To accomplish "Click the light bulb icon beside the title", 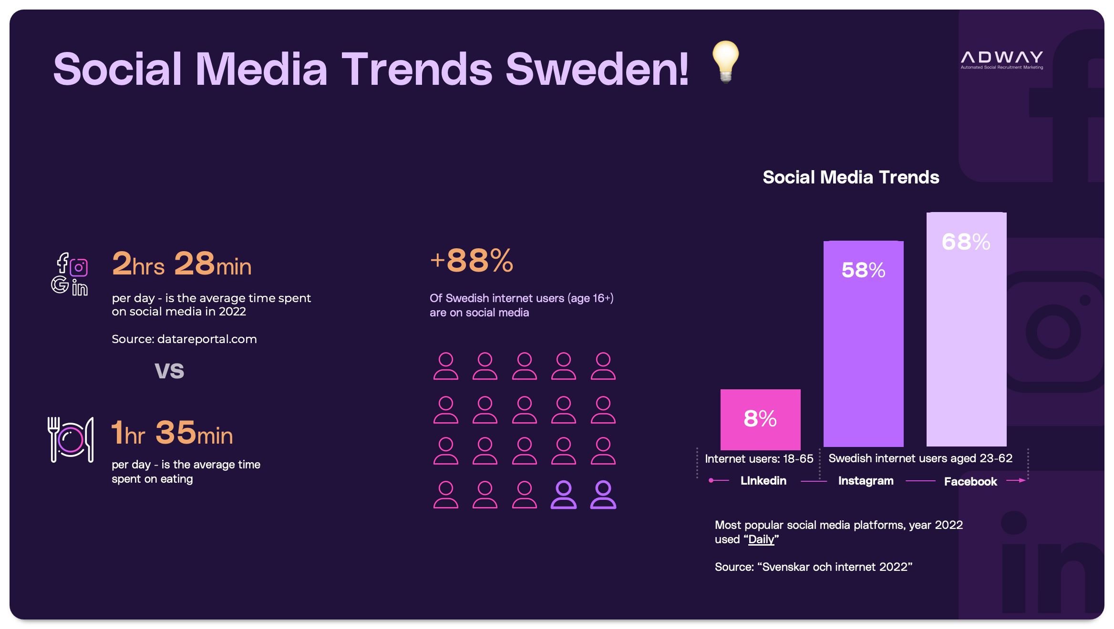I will (x=725, y=61).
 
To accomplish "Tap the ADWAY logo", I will (x=1001, y=60).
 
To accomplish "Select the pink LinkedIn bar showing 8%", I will (x=760, y=419).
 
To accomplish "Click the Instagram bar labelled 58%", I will (x=863, y=343).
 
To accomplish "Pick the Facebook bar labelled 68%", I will (x=966, y=329).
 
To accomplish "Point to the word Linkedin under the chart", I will (x=763, y=481).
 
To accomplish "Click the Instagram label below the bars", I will (x=866, y=481).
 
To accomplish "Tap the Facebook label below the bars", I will (x=970, y=482).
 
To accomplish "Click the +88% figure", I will (x=471, y=261).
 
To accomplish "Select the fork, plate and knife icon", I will (x=71, y=439).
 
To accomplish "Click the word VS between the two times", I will (x=169, y=371).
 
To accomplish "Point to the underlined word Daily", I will (x=761, y=539).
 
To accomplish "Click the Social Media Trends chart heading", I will (x=851, y=177).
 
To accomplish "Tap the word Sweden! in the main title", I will (x=597, y=70).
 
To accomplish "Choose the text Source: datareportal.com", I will (x=184, y=339).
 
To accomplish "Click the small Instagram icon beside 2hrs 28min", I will (x=79, y=267).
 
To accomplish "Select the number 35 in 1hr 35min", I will (x=175, y=433).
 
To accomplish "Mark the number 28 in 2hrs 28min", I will (x=195, y=263).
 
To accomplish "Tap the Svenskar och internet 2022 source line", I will (x=813, y=567).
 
